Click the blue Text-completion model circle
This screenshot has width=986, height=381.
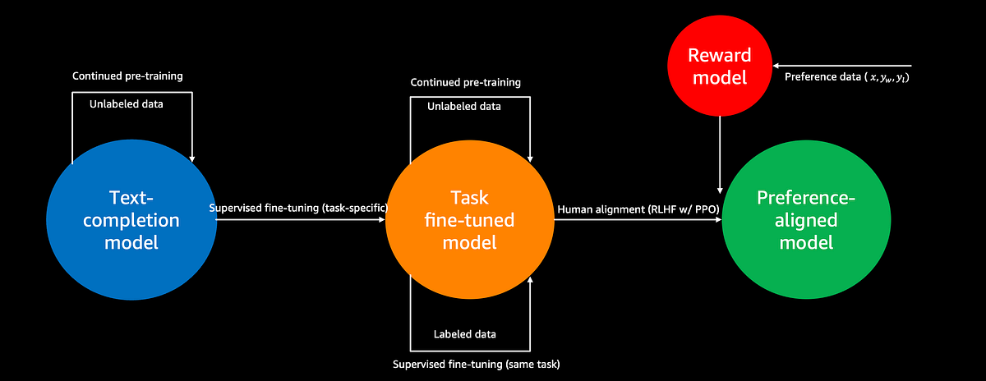(x=131, y=220)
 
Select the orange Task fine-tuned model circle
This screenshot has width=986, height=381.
(x=469, y=220)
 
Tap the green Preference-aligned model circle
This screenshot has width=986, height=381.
(x=806, y=220)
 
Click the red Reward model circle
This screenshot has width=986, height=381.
(x=720, y=67)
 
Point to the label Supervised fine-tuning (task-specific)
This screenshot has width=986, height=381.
(x=299, y=209)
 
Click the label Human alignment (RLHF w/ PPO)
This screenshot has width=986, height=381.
(x=638, y=209)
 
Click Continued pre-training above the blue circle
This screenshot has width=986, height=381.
(x=127, y=76)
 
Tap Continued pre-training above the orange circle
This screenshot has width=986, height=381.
(x=466, y=83)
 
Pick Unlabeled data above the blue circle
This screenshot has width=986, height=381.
(x=127, y=103)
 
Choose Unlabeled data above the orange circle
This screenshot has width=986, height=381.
(x=464, y=107)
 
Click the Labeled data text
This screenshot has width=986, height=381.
(x=464, y=334)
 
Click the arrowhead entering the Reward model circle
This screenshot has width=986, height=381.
(x=777, y=66)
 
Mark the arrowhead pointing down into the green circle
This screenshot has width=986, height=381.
(x=720, y=187)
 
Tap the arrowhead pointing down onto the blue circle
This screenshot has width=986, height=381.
(x=192, y=158)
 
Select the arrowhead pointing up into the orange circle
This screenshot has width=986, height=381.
(x=531, y=282)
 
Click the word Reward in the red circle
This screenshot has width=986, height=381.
(x=720, y=56)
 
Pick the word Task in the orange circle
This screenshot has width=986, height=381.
(x=469, y=197)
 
